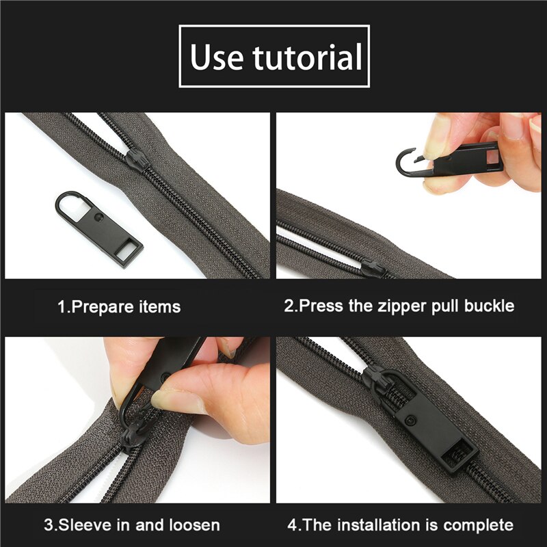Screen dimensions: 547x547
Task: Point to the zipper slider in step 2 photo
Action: pyautogui.click(x=373, y=265)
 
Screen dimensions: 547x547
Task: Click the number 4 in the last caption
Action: pyautogui.click(x=292, y=525)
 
